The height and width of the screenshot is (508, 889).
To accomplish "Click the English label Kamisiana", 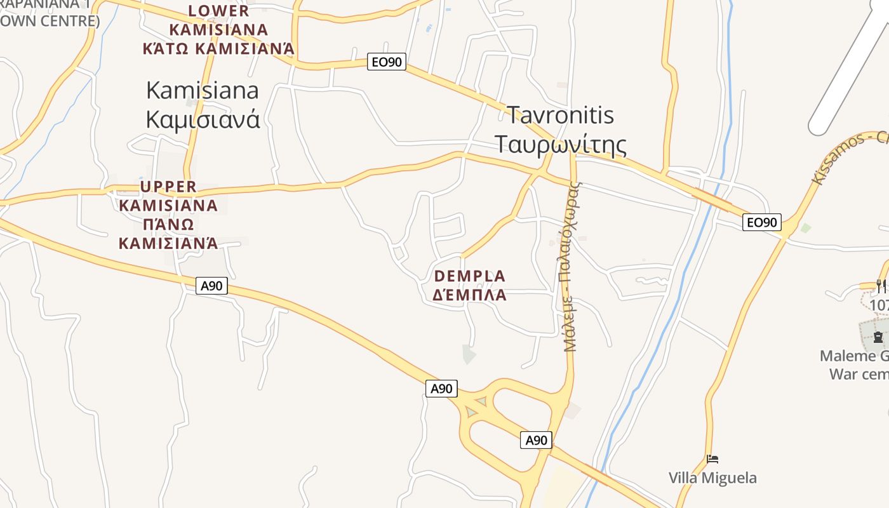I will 203,90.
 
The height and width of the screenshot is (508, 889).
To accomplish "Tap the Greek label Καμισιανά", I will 203,119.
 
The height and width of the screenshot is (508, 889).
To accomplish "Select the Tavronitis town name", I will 560,115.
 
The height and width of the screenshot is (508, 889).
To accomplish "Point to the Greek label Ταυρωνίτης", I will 560,144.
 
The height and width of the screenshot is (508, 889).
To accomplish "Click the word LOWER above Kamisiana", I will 219,11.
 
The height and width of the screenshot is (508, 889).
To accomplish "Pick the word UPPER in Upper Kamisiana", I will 168,187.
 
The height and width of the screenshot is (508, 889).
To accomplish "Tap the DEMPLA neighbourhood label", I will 469,276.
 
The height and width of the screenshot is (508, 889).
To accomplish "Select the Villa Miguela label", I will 712,478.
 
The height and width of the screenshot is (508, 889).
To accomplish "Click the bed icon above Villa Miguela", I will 712,459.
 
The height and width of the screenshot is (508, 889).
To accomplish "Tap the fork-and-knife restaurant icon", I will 881,285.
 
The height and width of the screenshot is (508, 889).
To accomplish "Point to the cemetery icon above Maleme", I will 878,337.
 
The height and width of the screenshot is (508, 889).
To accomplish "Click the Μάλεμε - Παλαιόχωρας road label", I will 571,267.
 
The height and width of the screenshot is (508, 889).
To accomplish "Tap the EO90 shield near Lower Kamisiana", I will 386,62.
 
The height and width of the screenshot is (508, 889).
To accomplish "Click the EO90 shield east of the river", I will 762,222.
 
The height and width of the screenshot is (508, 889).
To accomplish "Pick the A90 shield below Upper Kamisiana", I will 211,286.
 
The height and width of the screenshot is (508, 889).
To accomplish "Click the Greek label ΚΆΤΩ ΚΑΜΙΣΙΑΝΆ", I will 219,48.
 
